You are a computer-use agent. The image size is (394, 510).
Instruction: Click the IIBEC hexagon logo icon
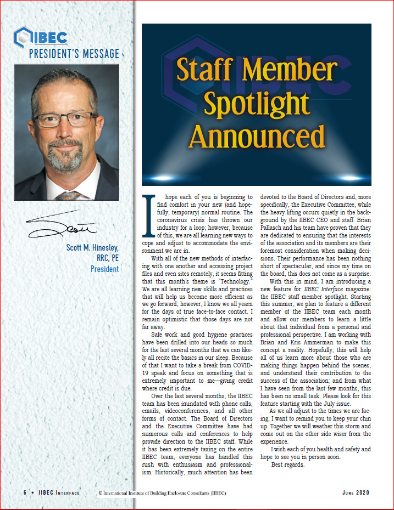click(x=23, y=37)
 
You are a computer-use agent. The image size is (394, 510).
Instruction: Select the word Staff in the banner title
click(x=208, y=70)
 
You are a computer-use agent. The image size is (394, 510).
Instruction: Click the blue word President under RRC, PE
click(x=104, y=269)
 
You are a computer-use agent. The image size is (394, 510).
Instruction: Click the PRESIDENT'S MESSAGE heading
click(x=74, y=54)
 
